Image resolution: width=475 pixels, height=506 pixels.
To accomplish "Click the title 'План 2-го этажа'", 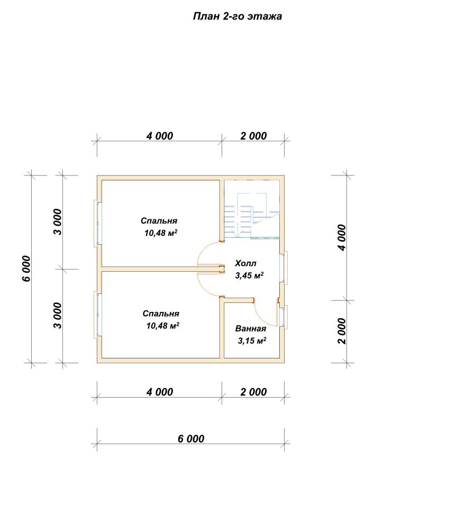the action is coord(238,16).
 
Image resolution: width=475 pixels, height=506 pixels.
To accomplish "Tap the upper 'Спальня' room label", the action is coord(159,220).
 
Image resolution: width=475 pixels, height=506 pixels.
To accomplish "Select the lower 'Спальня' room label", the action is coord(161,314).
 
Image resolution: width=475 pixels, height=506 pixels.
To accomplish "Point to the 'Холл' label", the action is coord(245,263).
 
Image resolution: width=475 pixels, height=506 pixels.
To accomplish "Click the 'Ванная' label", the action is coord(251,328).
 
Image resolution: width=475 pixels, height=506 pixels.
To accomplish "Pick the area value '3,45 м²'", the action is coord(249,275).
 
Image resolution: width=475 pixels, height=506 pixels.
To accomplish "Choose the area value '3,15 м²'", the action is coord(252,341).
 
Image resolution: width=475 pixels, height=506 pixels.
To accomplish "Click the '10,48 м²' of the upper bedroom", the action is coord(161,233).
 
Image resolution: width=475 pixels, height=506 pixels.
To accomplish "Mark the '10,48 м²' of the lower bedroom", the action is coord(163,326).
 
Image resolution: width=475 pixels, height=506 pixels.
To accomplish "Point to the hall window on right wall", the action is coord(284,268).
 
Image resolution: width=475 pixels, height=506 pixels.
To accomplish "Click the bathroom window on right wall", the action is coord(284,317).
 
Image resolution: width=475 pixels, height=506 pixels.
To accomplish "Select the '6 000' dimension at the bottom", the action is coord(191,439).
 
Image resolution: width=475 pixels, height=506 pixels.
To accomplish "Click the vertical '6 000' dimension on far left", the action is coord(26,269).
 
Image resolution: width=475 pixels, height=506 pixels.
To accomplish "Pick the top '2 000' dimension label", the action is coord(253,136).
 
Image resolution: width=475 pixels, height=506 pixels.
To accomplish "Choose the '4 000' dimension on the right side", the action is coord(342,237).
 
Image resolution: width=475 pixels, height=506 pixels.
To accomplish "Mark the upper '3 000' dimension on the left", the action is coord(58,222).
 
